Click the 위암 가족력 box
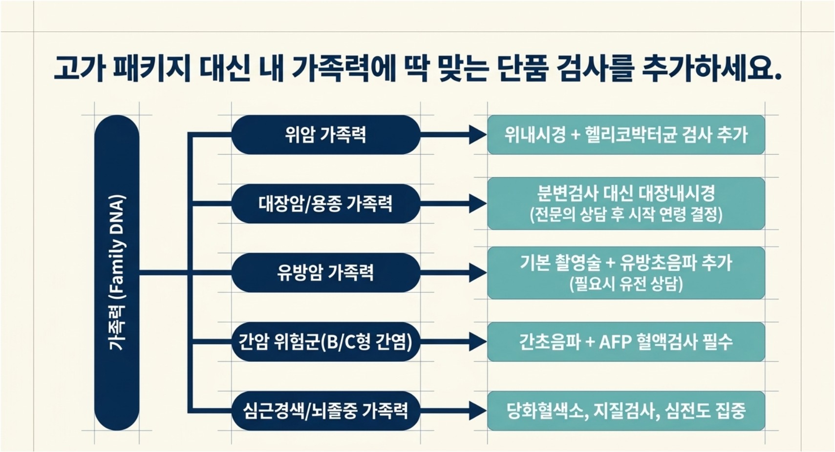coord(326,135)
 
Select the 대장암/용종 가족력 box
coord(326,204)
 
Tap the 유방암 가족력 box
coord(326,272)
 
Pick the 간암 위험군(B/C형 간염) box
coord(326,342)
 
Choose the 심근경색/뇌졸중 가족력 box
coord(326,411)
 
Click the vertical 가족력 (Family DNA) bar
coord(117,272)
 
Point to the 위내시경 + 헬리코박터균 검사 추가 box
coord(626,135)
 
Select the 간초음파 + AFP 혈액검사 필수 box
coord(626,342)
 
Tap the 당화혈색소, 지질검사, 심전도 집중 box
coord(626,411)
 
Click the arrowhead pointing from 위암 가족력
coord(478,135)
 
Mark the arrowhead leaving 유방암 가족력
coord(478,272)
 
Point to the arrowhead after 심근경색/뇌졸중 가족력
coord(478,411)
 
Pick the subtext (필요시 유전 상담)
coord(626,285)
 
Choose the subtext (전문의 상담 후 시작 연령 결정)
coord(626,215)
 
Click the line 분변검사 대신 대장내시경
coord(626,193)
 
